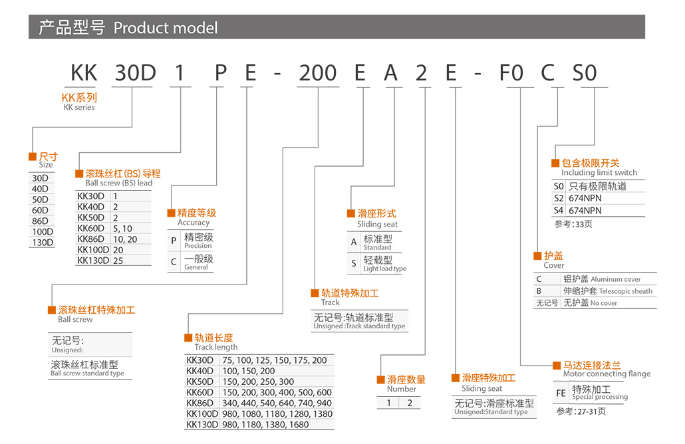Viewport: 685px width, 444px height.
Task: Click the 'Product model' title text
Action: [x=166, y=28]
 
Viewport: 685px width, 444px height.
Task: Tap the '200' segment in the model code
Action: [x=317, y=72]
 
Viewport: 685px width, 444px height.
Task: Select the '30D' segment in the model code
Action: [x=135, y=72]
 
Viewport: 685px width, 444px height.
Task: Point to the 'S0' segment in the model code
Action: [x=585, y=72]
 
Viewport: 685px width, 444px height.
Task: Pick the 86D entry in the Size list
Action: [x=41, y=221]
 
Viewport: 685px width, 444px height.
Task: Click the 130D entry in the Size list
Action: [x=43, y=242]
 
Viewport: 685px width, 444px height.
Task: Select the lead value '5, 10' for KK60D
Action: [x=122, y=228]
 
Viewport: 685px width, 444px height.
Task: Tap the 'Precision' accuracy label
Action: [x=198, y=246]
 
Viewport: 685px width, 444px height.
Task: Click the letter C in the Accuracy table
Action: [x=174, y=262]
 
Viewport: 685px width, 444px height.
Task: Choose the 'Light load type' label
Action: [x=385, y=269]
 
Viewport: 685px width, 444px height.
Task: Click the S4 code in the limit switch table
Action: [x=559, y=210]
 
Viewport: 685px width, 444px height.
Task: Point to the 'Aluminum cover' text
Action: [x=616, y=279]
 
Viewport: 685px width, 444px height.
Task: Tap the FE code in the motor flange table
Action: [x=561, y=393]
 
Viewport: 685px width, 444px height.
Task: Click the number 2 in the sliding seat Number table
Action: [x=410, y=402]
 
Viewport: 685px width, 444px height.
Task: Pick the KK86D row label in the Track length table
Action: [x=200, y=403]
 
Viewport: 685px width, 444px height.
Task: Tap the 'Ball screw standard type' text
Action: [x=87, y=373]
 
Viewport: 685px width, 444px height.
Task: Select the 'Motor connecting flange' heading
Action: [x=607, y=374]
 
